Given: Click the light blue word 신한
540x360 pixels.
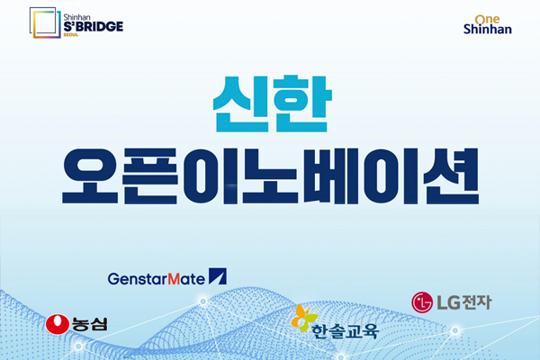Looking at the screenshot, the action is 272,104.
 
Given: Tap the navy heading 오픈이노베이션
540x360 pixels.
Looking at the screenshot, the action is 271,176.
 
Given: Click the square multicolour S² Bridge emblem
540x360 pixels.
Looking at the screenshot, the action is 45,22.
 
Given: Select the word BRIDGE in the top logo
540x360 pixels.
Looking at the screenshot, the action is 97,26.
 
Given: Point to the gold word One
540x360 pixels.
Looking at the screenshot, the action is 487,19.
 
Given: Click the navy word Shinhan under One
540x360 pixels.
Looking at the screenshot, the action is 487,29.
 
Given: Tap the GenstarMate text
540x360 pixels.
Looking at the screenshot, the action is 157,279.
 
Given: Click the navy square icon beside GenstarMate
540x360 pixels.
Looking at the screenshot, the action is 218,276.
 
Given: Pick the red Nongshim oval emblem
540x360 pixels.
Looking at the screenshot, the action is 58,324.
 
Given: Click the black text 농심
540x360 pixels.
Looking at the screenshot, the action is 89,324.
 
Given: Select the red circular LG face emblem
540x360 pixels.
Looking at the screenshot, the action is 422,302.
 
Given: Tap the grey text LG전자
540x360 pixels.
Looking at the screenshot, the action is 463,302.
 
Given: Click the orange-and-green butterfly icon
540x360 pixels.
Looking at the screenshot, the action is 304,318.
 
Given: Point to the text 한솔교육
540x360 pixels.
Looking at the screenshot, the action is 345,331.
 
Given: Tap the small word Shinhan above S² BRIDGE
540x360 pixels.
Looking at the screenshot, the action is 76,17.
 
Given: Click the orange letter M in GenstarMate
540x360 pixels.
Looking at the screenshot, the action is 174,279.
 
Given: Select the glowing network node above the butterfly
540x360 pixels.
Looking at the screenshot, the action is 203,301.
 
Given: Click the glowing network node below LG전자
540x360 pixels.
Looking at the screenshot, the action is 454,330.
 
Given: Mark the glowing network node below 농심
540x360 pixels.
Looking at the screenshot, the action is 78,346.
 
